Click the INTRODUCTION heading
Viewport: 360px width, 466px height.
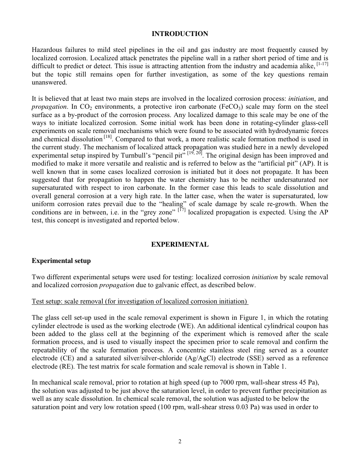(180, 34)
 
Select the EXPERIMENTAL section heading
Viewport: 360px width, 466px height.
(180, 245)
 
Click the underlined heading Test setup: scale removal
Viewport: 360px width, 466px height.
(140, 302)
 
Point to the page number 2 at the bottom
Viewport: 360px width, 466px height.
(180, 441)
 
